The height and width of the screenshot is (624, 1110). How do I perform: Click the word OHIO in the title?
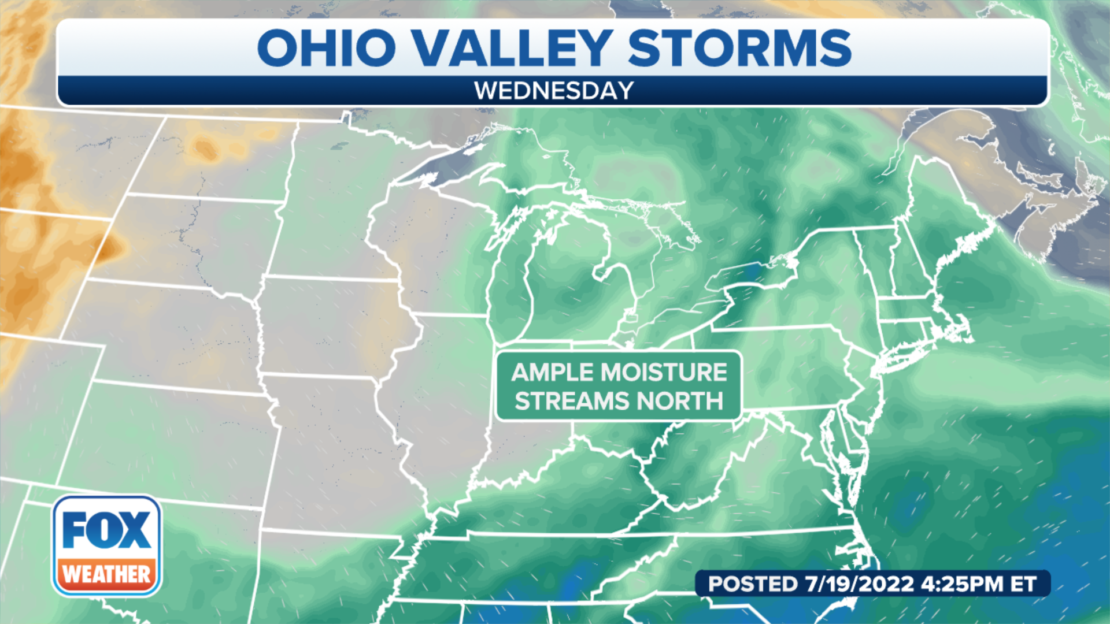click(327, 47)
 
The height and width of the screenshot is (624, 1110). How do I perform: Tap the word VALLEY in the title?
click(513, 47)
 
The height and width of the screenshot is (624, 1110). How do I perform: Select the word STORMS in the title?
click(739, 47)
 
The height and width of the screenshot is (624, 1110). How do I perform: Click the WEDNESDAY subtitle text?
click(554, 91)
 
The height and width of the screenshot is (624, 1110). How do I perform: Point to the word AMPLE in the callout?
click(554, 373)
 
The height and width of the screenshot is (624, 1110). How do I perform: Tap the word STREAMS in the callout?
click(572, 401)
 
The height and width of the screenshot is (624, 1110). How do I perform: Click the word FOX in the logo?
click(106, 530)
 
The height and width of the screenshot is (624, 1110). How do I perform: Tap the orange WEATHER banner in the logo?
click(106, 574)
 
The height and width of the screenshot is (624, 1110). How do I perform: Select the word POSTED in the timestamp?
click(753, 584)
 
